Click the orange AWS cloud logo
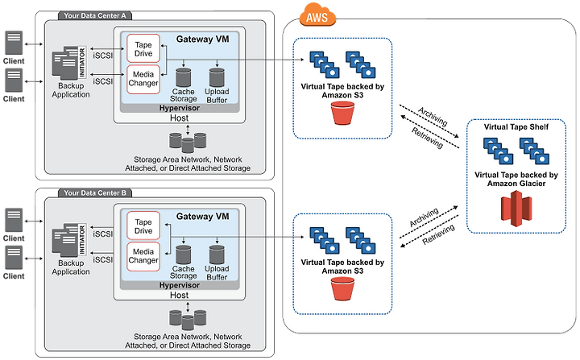(317, 15)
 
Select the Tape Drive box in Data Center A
(143, 48)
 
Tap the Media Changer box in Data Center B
(143, 256)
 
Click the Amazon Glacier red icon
(516, 209)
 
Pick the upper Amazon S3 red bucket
(342, 114)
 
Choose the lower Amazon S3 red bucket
(342, 288)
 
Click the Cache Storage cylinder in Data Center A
(184, 77)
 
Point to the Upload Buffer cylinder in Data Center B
(217, 255)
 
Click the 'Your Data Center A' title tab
(95, 15)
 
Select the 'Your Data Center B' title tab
(95, 192)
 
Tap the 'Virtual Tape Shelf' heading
(516, 127)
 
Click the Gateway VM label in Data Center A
(202, 39)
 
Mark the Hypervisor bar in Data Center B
(180, 285)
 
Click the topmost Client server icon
(14, 43)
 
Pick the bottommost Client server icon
(14, 258)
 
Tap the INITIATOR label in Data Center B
(82, 239)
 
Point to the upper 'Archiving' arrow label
(433, 116)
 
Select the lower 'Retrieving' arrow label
(438, 234)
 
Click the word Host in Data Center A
(179, 118)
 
